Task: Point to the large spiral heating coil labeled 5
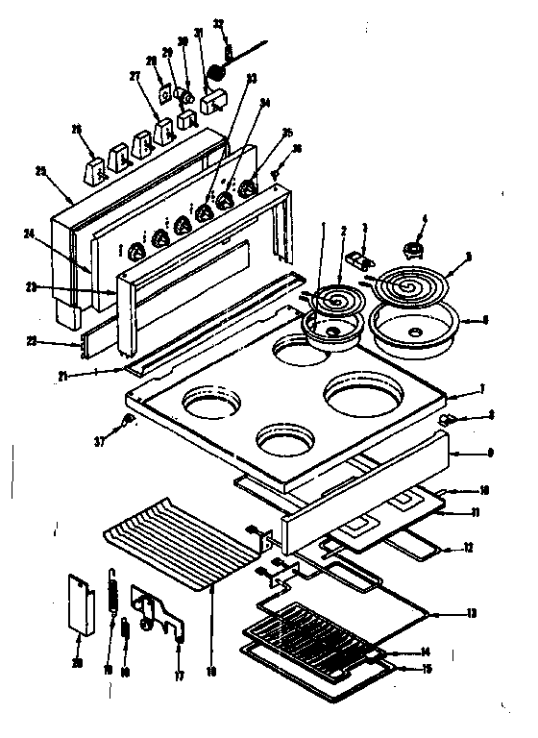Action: coord(403,284)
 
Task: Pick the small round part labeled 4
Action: coord(415,250)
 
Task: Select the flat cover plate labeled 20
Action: coord(82,603)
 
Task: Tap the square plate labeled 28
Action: coord(165,96)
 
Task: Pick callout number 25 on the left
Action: coord(39,171)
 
